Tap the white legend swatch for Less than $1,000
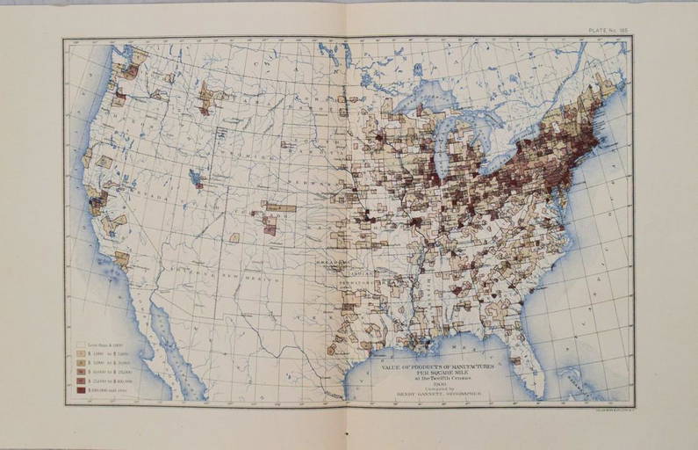tap(82, 345)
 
